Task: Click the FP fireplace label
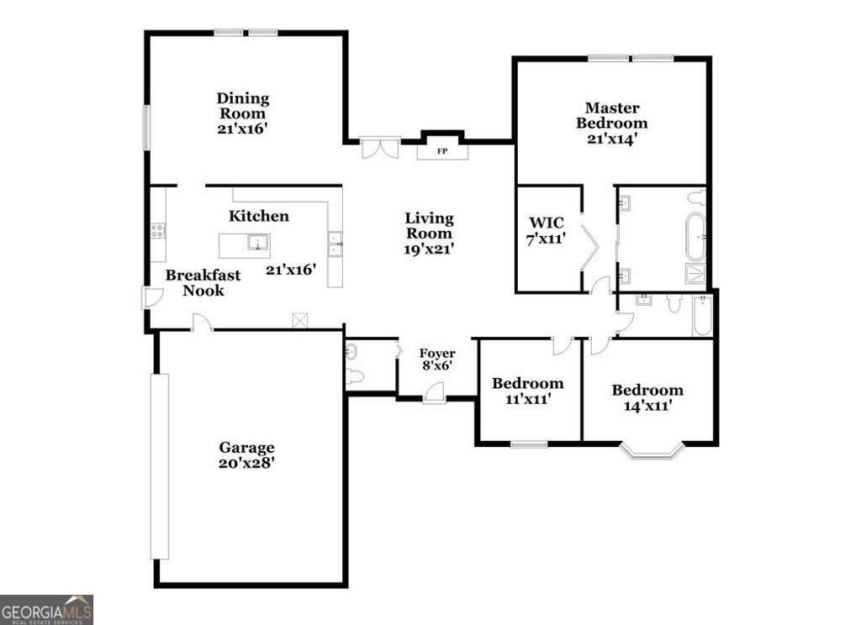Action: pyautogui.click(x=441, y=152)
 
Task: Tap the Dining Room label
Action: pyautogui.click(x=242, y=105)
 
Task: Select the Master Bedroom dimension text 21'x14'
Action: pyautogui.click(x=611, y=138)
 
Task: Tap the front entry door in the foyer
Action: pyautogui.click(x=434, y=392)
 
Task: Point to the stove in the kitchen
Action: pyautogui.click(x=157, y=229)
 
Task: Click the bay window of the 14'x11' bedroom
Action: pyautogui.click(x=652, y=452)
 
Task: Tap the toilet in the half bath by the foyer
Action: pyautogui.click(x=355, y=376)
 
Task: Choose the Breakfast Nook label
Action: pyautogui.click(x=203, y=282)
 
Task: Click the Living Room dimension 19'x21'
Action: pyautogui.click(x=429, y=249)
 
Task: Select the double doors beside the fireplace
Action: pyautogui.click(x=379, y=149)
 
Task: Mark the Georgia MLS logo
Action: pyautogui.click(x=46, y=609)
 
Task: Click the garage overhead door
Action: pyautogui.click(x=159, y=466)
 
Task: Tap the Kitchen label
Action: pyautogui.click(x=259, y=216)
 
